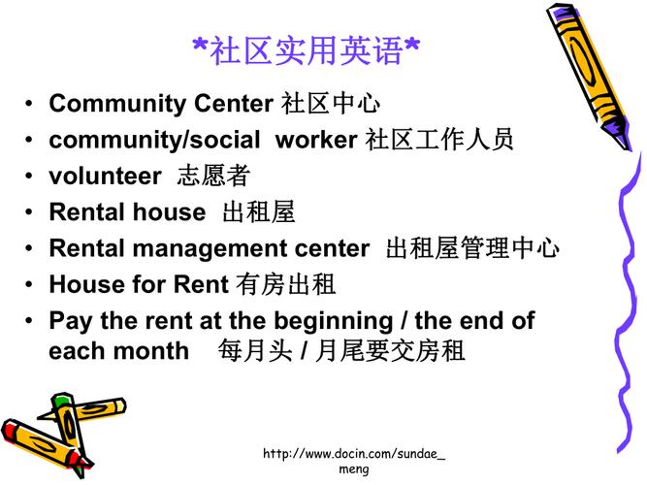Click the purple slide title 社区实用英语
coord(307,50)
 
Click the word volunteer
coord(105,176)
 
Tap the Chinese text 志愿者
coord(213,176)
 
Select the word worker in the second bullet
coord(316,140)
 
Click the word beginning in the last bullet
coord(334,322)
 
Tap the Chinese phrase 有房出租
coord(286,284)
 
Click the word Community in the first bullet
coord(117,104)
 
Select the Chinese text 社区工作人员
coord(439,139)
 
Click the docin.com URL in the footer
coord(354,461)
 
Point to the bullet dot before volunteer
coord(28,176)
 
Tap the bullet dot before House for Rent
coord(28,284)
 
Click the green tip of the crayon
coord(61,399)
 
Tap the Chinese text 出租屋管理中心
coord(472,248)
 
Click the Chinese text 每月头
coord(255,351)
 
